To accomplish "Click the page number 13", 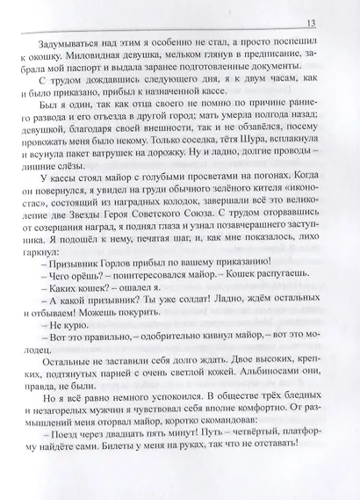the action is tap(325, 23).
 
